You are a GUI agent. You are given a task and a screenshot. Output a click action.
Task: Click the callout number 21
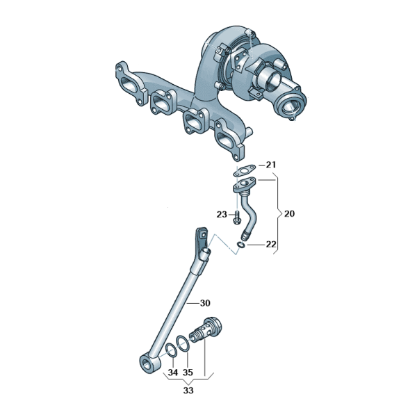271,165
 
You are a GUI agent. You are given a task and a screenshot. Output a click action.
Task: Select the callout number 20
289,213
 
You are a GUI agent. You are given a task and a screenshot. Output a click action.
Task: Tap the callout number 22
271,244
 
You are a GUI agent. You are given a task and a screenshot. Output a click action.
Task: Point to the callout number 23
222,214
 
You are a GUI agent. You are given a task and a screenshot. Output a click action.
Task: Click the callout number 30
205,303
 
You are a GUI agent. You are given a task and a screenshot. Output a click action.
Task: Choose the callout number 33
188,391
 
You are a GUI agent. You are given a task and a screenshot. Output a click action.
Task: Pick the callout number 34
173,373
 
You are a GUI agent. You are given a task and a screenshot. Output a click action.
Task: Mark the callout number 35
188,373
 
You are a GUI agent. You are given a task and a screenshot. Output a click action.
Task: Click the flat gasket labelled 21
245,170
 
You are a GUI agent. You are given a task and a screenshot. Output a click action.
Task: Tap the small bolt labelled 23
237,218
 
